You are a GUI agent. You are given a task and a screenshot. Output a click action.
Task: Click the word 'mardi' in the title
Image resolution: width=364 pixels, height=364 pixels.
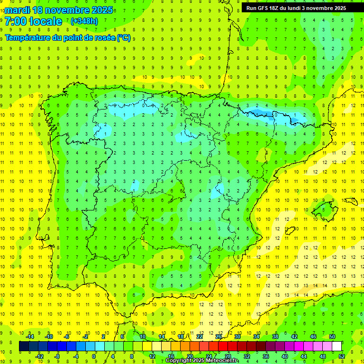click(17, 10)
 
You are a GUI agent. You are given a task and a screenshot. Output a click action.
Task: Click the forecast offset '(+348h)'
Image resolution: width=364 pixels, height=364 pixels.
click(84, 21)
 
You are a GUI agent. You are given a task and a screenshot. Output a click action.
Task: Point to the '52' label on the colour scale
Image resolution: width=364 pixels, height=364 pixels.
click(342, 356)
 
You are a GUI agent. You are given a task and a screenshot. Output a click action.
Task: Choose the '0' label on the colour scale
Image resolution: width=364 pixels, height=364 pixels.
click(94, 356)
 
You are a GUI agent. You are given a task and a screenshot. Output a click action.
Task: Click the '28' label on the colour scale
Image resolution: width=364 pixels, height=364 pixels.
click(228, 356)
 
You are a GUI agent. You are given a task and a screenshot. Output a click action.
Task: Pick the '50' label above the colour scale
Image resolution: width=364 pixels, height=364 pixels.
click(332, 337)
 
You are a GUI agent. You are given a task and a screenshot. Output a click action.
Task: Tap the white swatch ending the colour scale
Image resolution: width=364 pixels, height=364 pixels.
click(337, 346)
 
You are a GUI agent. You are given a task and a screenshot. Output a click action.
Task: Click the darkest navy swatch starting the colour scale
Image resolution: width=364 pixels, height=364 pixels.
click(24, 346)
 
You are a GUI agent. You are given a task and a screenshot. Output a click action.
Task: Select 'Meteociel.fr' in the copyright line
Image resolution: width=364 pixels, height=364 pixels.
click(222, 361)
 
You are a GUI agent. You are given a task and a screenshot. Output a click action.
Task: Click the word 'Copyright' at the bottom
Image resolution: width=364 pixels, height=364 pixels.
click(179, 361)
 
